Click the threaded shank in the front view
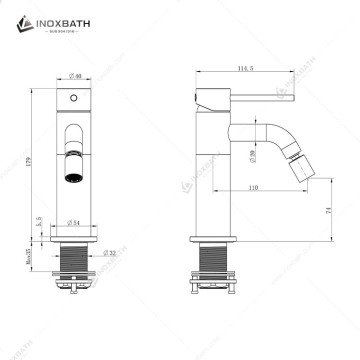click(x=73, y=264)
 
